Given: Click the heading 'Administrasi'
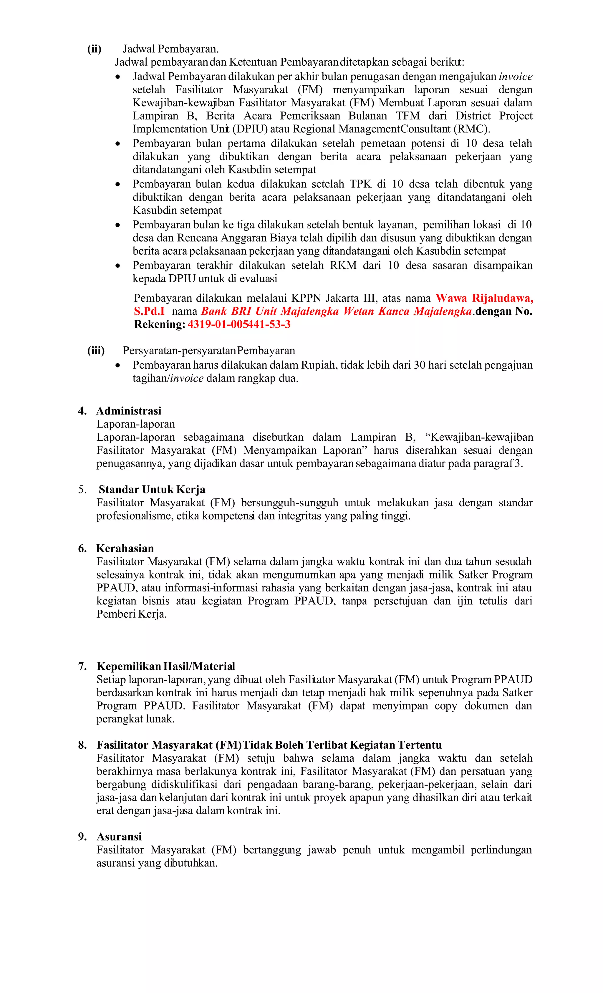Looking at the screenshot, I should tap(128, 411).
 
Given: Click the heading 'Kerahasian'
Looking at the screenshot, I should tap(125, 548).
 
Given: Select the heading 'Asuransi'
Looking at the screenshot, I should tap(119, 837).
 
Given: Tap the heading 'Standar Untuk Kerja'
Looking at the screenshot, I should tap(152, 489).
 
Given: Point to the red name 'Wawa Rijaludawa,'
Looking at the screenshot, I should tap(484, 298).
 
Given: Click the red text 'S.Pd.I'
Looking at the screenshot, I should tap(149, 311).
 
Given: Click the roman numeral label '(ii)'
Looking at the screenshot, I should tap(94, 49).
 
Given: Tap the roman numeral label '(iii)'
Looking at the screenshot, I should tap(96, 351).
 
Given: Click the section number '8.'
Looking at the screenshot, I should tap(82, 745).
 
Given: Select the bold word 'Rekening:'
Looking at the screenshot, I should tap(160, 324).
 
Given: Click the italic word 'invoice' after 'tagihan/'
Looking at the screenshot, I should tap(187, 378).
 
